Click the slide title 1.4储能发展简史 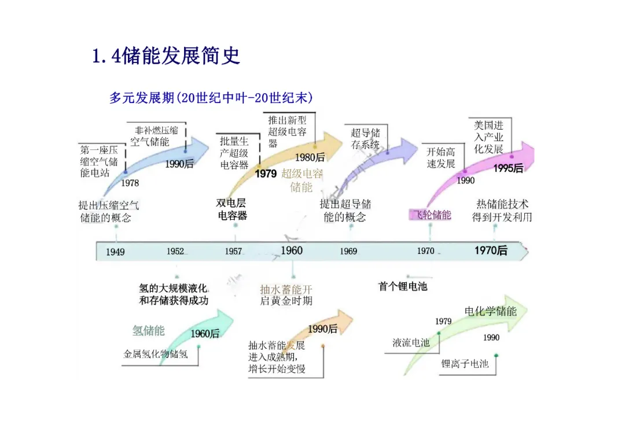point(166,57)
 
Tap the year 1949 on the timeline point(115,252)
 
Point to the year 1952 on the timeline point(175,252)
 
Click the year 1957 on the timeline point(233,252)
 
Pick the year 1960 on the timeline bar point(292,251)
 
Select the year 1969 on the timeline point(348,252)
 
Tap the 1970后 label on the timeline point(491,251)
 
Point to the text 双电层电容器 point(232,209)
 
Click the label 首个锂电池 point(402,286)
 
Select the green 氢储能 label point(148,330)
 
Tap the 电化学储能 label point(490,311)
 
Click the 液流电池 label point(411,342)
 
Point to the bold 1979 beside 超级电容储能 point(266,174)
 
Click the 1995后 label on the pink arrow point(508,168)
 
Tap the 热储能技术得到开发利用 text point(502,211)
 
